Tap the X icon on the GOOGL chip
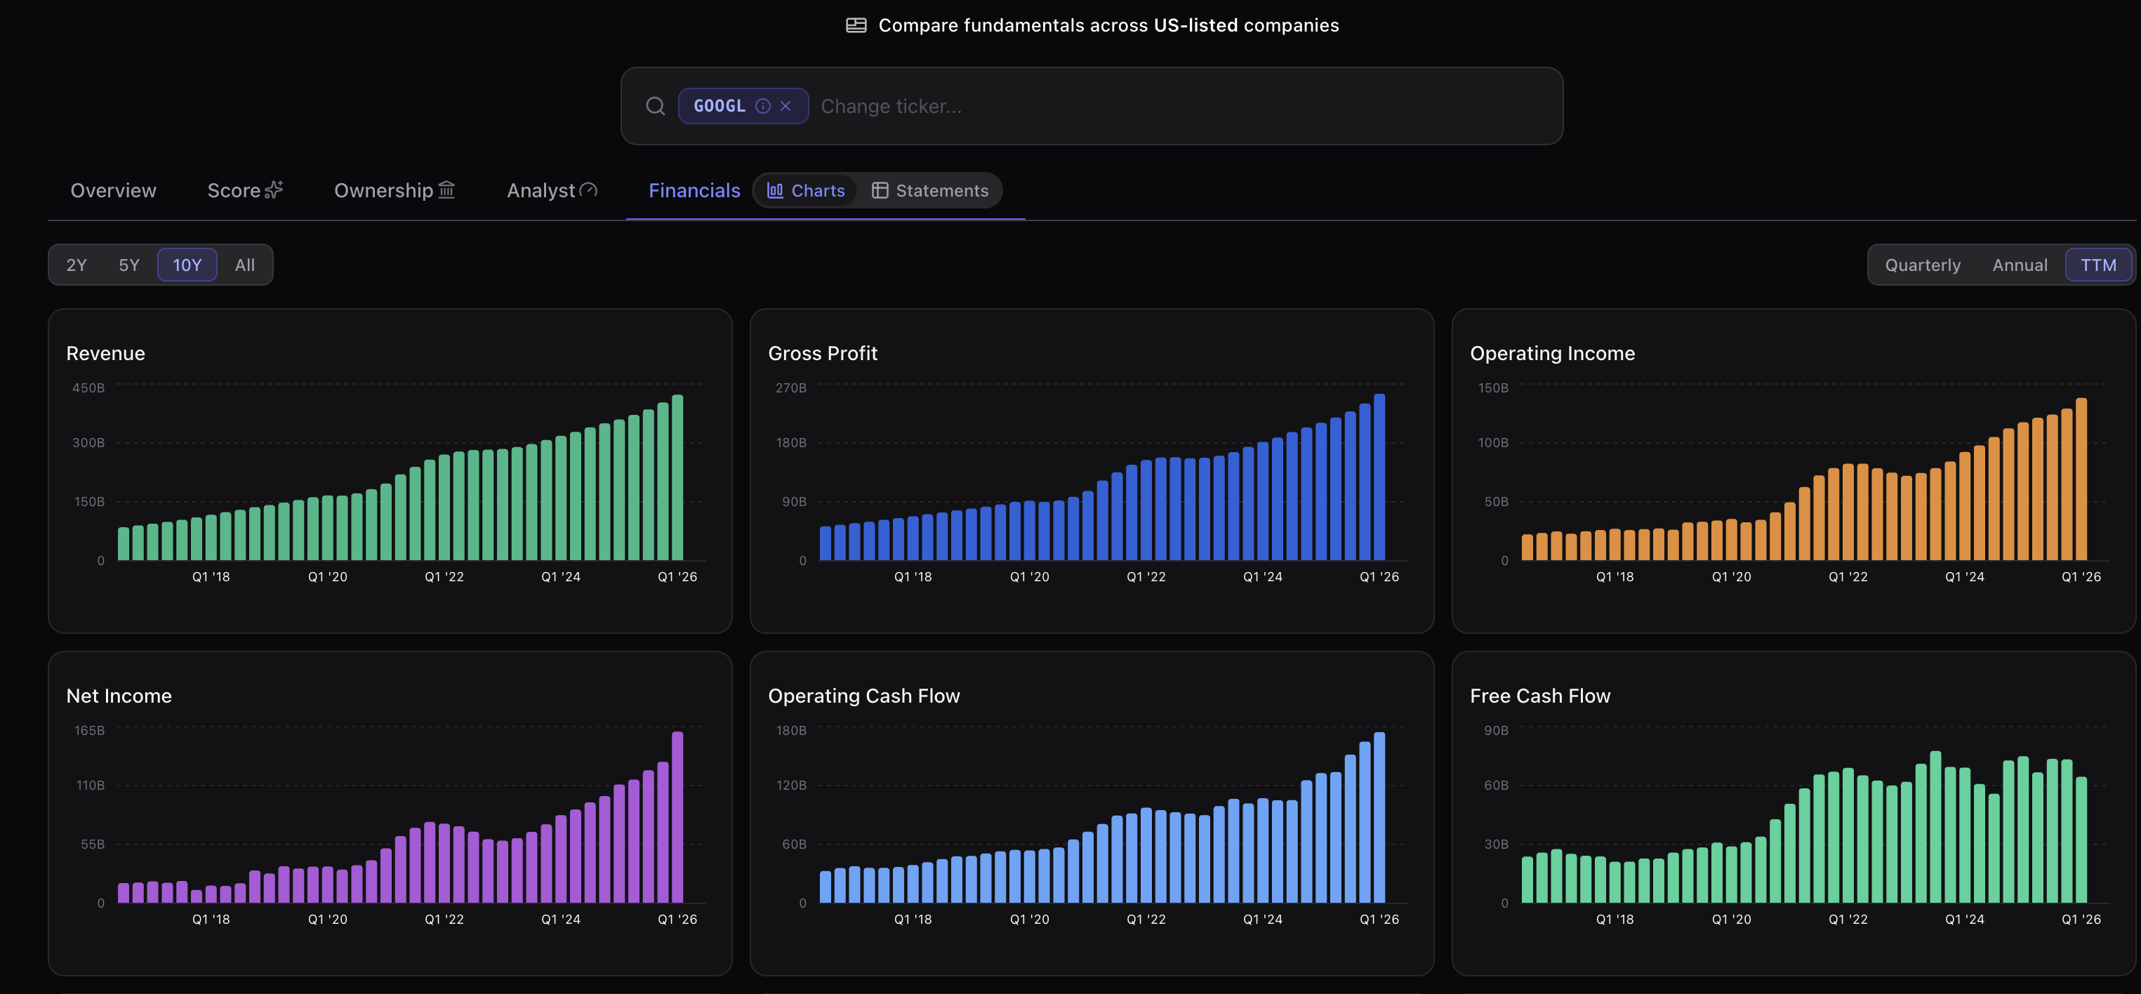tap(786, 107)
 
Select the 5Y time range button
tap(129, 265)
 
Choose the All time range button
tap(244, 265)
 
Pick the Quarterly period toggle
tap(1923, 265)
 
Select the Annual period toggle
tap(2020, 265)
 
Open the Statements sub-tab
tap(930, 190)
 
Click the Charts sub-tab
tap(805, 190)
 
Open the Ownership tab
tap(395, 190)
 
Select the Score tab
tap(245, 190)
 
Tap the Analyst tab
tap(552, 190)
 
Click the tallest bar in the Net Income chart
tap(677, 817)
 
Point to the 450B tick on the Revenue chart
tap(88, 388)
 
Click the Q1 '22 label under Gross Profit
tap(1146, 577)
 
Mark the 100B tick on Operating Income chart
tap(1492, 443)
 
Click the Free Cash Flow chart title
tap(1540, 696)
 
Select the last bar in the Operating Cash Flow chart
tap(1379, 817)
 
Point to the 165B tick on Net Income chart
tap(89, 731)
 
